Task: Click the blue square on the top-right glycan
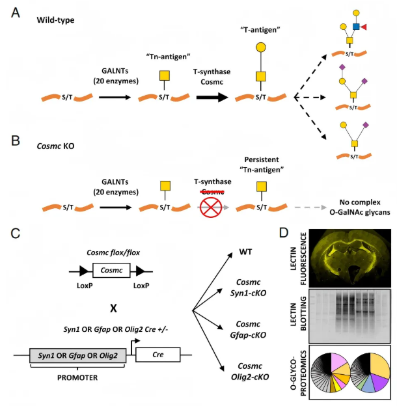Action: [357, 27]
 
